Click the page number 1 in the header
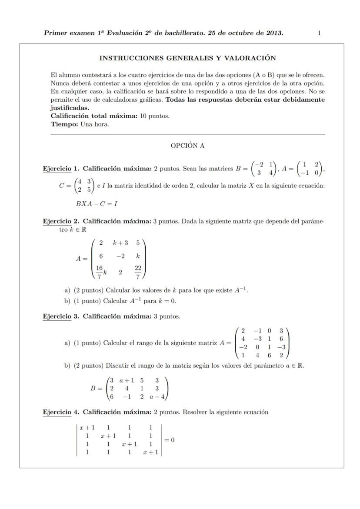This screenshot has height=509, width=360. pos(319,33)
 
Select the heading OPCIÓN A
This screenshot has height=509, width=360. pos(187,146)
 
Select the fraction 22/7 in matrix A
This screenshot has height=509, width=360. pos(137,272)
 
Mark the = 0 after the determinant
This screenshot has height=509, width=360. pos(169,440)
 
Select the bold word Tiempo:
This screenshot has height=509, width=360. pos(64,124)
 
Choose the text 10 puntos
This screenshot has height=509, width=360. pos(154,116)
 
